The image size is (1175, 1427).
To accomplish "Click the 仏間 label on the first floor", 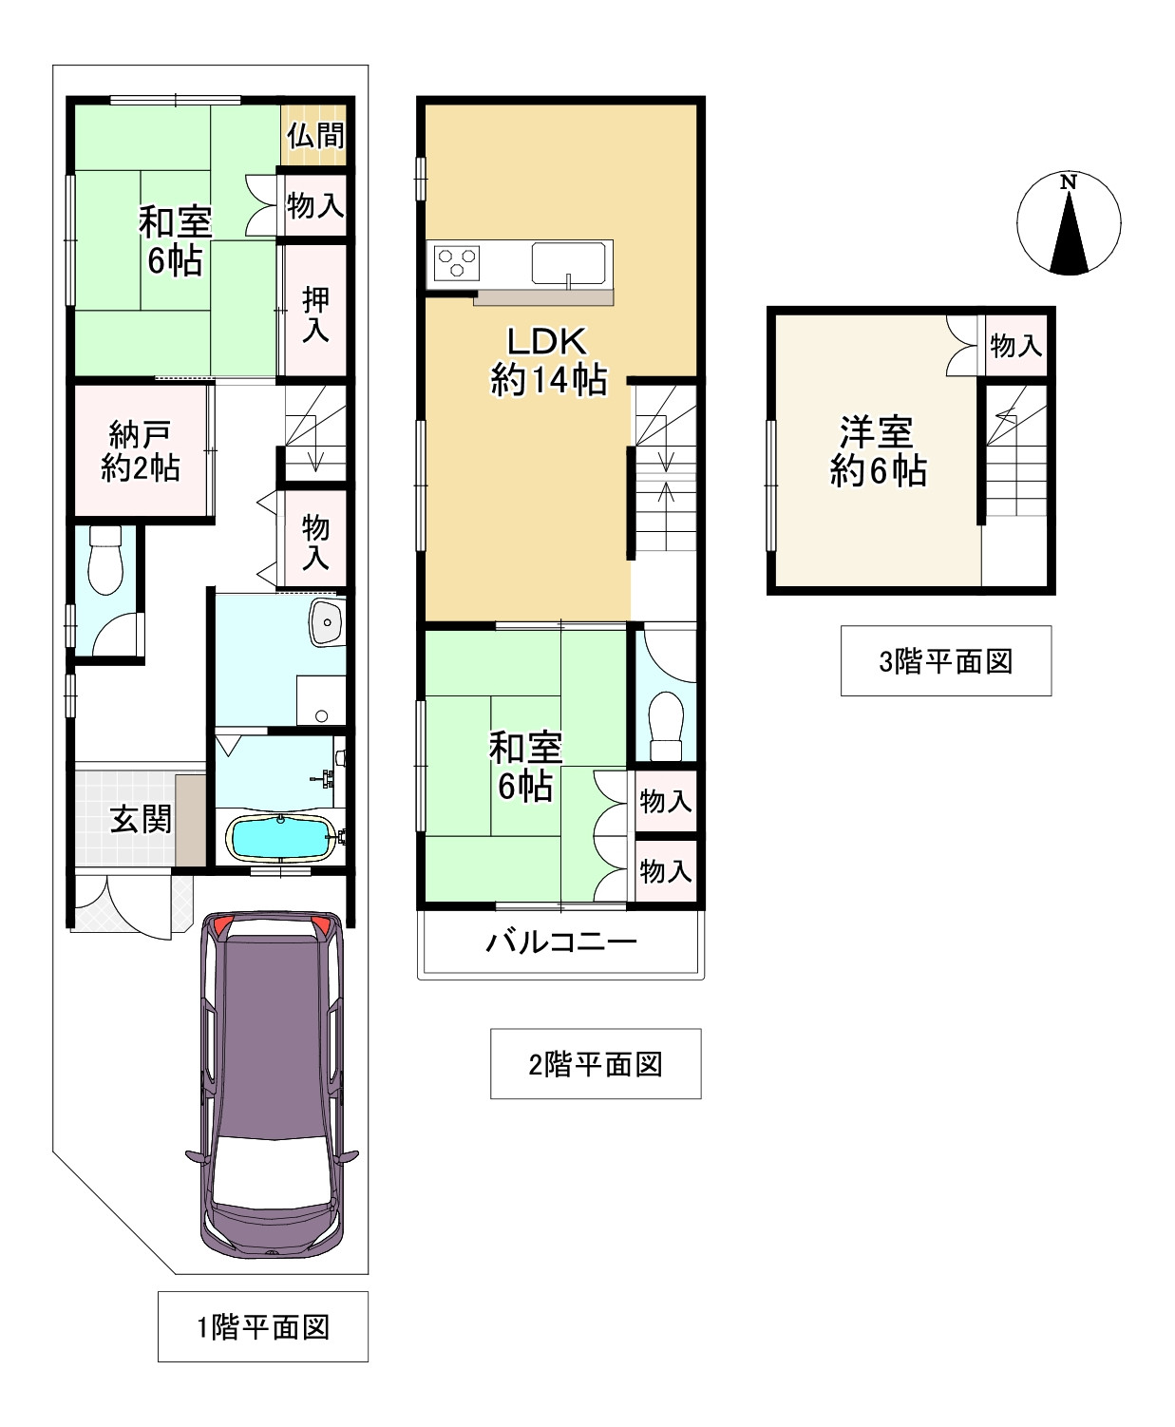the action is (x=315, y=135).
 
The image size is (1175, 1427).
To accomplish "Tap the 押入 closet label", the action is (x=315, y=314).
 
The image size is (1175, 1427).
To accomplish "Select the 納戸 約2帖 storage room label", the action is (x=141, y=451).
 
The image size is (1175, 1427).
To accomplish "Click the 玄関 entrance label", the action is (x=141, y=819).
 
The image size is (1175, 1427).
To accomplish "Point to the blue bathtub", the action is (x=280, y=838).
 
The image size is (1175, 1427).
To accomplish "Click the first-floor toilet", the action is (x=105, y=559).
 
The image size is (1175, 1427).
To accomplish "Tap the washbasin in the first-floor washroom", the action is (x=327, y=622).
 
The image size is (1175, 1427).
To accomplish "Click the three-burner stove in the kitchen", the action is (x=457, y=263).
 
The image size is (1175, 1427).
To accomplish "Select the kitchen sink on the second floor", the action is (x=569, y=262).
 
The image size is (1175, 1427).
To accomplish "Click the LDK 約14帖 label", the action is (x=548, y=361).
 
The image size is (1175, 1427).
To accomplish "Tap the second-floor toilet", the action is (x=666, y=725).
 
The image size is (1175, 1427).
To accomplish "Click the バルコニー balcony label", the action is (x=561, y=942).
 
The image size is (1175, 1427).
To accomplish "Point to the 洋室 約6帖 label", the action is (x=878, y=451).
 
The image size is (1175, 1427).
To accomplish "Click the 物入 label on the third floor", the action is (x=1015, y=345).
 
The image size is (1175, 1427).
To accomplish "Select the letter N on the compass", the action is (x=1069, y=181).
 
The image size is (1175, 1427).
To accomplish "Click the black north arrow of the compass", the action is (x=1069, y=235).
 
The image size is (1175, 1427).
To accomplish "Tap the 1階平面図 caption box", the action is (x=263, y=1326).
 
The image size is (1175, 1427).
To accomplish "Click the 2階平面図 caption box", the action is (x=596, y=1064).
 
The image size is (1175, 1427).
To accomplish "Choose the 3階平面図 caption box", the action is (x=946, y=661).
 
